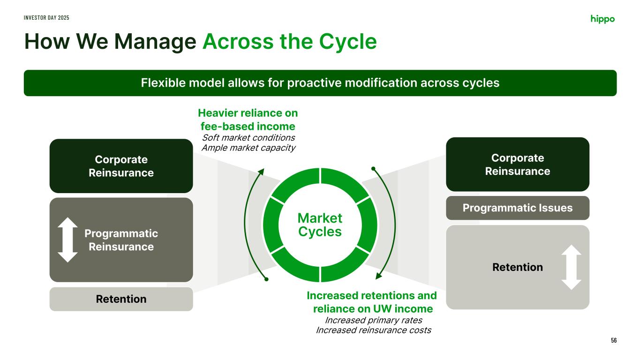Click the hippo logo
pos(602,19)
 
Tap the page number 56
pos(614,340)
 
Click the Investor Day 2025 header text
pos(47,17)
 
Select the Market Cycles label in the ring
pos(320,225)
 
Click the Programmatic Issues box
pos(517,208)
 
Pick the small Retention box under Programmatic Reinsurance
pos(121,299)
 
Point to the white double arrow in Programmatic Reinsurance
pos(68,240)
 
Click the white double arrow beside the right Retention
pos(571,267)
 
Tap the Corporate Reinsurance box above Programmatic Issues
pos(517,164)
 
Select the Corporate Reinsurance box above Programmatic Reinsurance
pos(121,166)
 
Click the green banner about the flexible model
pos(320,83)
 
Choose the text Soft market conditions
pos(248,137)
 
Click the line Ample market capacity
pos(248,148)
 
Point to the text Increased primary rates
pos(373,320)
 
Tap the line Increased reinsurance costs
pos(373,330)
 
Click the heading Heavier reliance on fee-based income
pos(248,120)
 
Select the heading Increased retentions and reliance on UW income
pos(372,302)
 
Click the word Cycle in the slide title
pos(349,42)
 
